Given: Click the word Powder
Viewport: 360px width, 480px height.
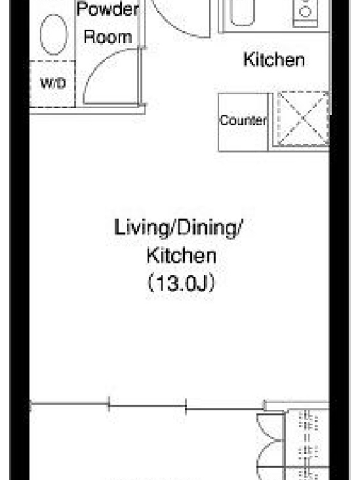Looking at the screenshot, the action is (x=108, y=9).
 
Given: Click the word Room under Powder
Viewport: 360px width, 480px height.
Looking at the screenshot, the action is (x=108, y=37).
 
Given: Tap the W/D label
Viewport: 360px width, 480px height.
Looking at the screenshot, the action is (x=53, y=83).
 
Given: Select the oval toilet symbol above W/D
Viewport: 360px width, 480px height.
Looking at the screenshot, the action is (x=54, y=34).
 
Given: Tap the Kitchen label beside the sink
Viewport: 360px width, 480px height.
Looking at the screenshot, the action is (x=274, y=59).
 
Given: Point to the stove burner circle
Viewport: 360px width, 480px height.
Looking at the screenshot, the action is (x=305, y=11).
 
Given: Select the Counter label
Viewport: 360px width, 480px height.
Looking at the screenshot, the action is (x=243, y=120).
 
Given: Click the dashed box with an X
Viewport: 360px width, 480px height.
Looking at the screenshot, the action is (x=303, y=118).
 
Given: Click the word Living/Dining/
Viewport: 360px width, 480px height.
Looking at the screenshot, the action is (x=178, y=228).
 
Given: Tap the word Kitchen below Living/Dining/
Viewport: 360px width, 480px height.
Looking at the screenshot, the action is (x=182, y=256).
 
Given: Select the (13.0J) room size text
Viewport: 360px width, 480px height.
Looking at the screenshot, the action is (x=181, y=283).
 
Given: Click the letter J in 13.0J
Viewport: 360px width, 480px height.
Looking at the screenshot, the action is (x=201, y=283).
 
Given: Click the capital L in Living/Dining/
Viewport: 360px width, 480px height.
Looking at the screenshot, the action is (x=119, y=227).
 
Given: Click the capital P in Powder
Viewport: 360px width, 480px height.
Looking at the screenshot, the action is (x=82, y=9).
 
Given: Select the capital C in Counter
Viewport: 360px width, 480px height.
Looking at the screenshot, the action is (x=224, y=120).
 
